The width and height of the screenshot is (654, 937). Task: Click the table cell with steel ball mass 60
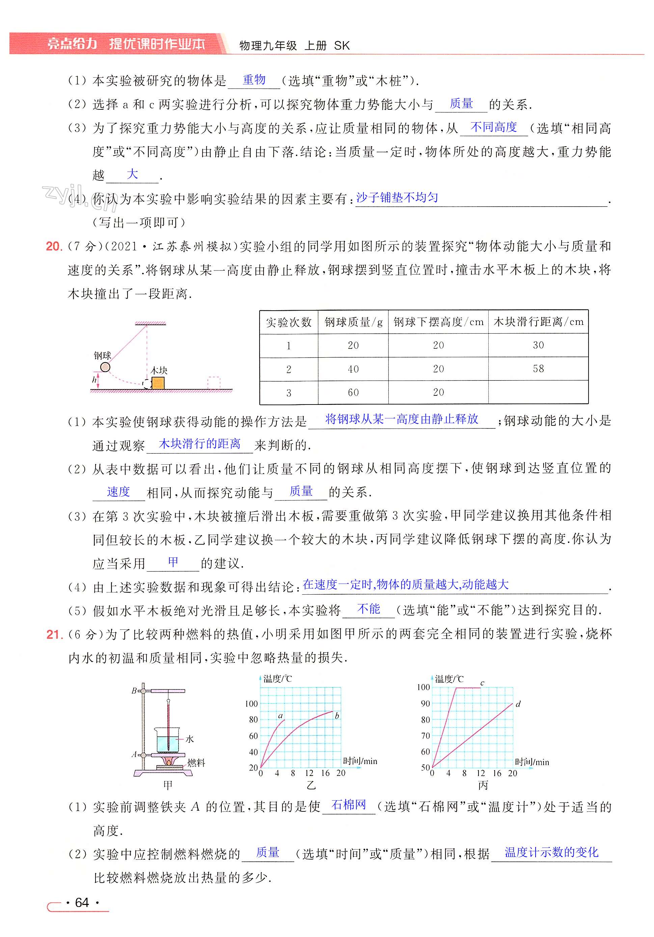(x=353, y=393)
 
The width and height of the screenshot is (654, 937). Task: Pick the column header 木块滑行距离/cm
(x=538, y=322)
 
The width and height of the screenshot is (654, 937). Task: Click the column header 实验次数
(x=289, y=322)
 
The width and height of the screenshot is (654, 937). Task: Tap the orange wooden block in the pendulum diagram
(x=158, y=383)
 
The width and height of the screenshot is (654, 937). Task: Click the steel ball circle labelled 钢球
(x=105, y=367)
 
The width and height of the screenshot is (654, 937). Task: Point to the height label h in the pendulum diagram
(x=94, y=380)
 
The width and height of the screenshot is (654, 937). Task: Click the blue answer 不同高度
(x=493, y=127)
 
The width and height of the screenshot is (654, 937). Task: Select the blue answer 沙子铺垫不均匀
(x=397, y=198)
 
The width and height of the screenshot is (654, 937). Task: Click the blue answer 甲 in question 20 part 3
(x=173, y=562)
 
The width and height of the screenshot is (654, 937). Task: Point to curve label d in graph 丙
(x=518, y=704)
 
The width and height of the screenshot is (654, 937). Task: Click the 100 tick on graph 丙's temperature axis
(x=423, y=687)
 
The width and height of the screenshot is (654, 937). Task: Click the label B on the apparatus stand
(x=134, y=691)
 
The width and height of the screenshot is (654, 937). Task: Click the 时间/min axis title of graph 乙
(x=360, y=761)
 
